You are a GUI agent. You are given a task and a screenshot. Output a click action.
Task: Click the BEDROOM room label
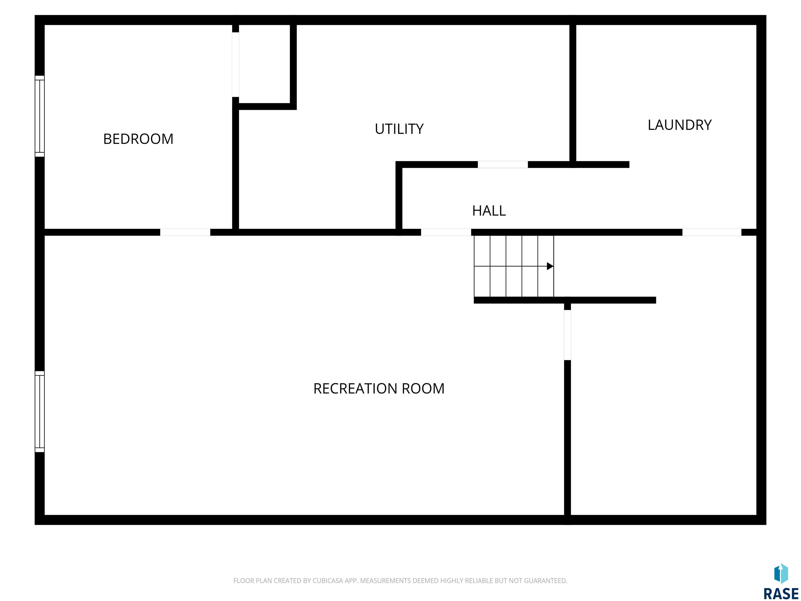point(138,139)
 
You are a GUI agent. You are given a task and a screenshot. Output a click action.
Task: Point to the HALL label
point(489,211)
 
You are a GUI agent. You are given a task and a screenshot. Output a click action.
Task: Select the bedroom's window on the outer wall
point(39,116)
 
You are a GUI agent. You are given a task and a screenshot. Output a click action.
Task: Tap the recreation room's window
point(39,412)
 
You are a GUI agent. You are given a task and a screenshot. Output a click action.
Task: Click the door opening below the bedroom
point(185,232)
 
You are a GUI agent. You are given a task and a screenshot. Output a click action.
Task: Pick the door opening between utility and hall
point(503,165)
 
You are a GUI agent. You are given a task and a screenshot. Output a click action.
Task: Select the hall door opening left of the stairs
point(446,232)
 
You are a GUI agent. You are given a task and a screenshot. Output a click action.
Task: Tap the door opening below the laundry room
point(712,232)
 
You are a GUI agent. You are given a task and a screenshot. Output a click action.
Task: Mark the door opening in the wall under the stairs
point(567,335)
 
